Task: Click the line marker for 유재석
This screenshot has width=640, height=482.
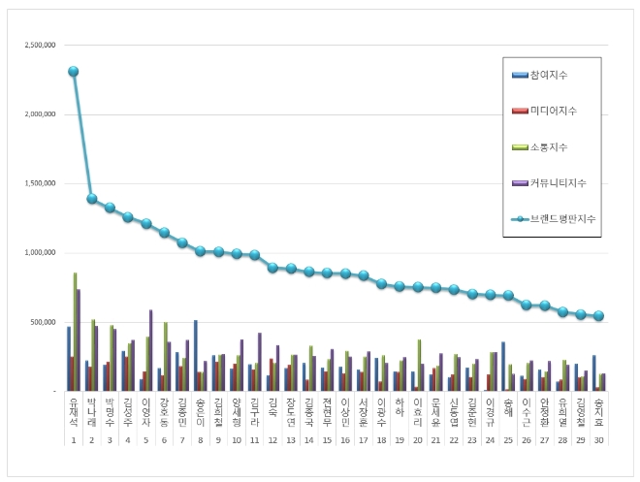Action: coord(74,71)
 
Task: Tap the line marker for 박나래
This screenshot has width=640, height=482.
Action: coord(92,198)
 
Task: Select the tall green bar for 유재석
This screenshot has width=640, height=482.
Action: coord(76,331)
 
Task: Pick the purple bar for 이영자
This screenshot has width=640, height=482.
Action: coord(151,350)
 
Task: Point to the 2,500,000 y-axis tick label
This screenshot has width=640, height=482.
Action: coord(39,46)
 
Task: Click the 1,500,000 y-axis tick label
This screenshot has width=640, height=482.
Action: coord(39,183)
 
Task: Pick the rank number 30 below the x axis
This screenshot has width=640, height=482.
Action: coord(599,440)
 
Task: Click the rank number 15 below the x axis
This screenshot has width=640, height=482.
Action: coord(328,440)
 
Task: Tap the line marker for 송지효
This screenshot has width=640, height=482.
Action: coord(599,315)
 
